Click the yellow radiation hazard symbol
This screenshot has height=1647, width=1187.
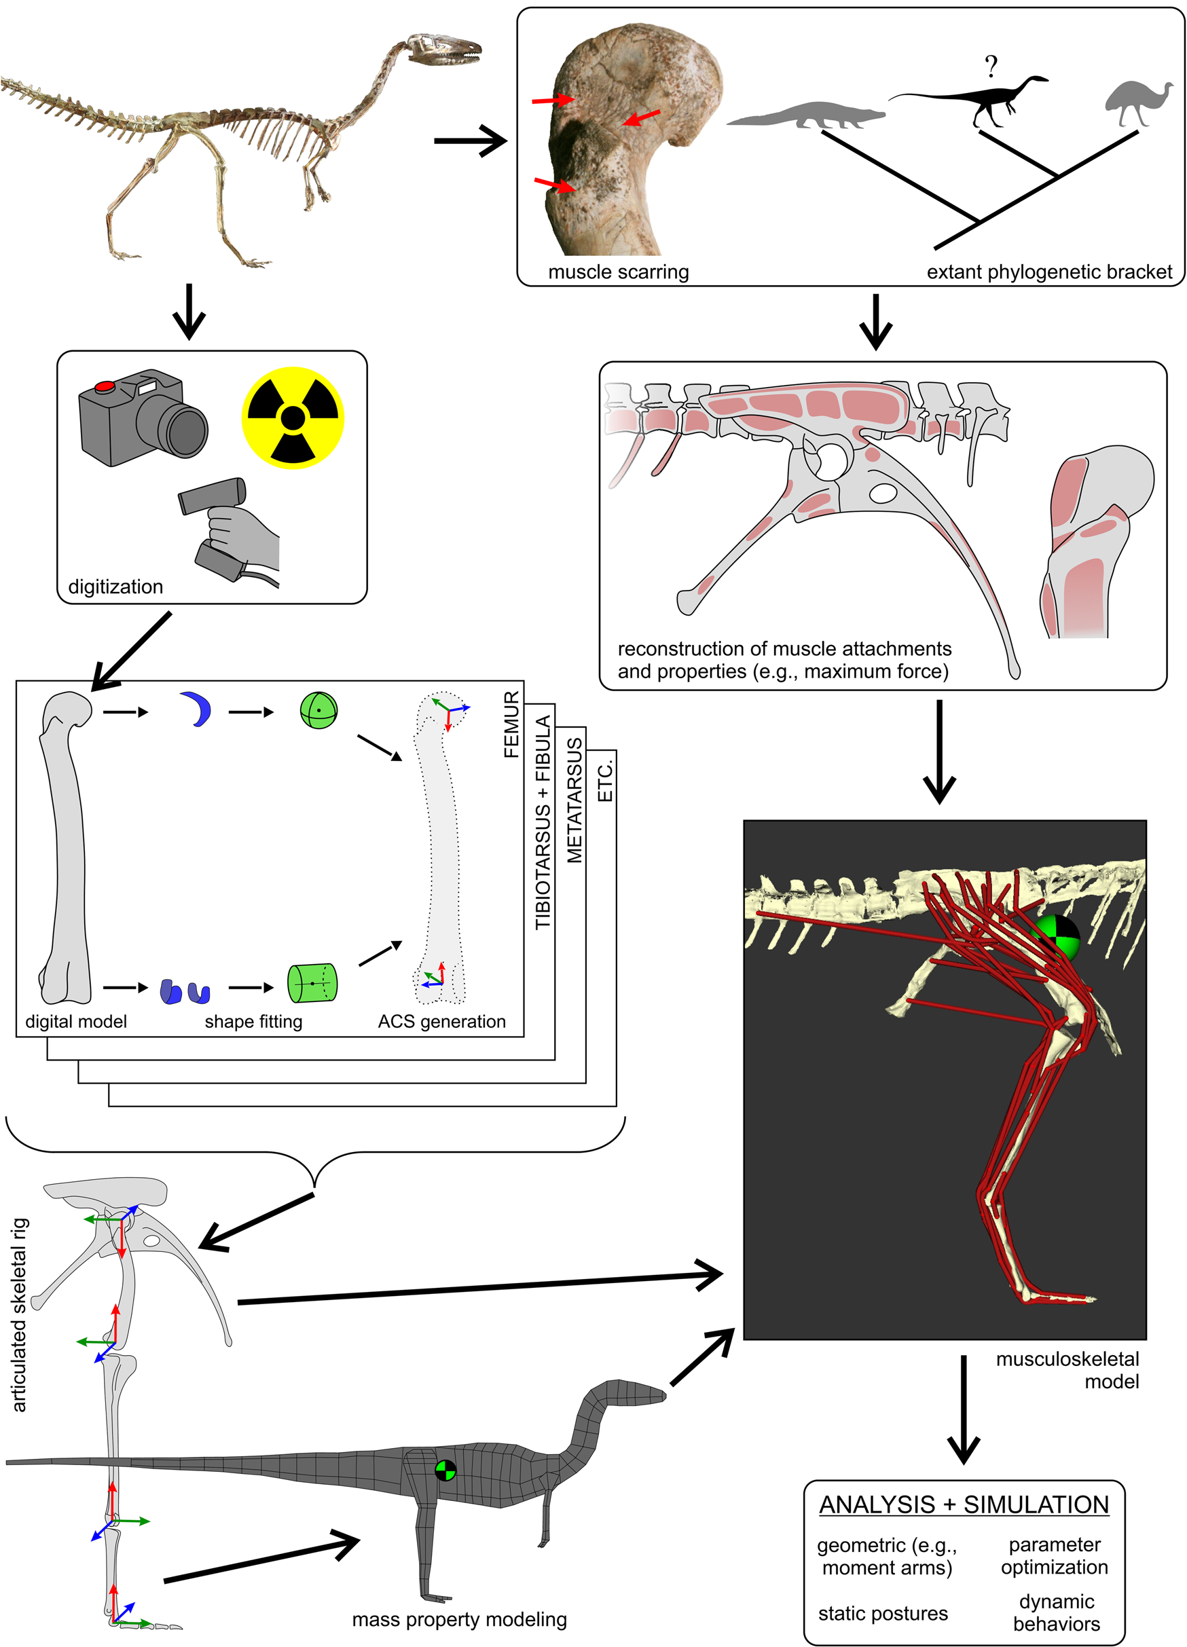pos(293,418)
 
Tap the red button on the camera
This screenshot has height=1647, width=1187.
pos(105,386)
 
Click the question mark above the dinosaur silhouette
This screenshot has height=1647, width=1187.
pos(991,67)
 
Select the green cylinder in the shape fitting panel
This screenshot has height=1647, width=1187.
pos(312,983)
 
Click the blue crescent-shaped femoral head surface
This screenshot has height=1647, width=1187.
pos(197,709)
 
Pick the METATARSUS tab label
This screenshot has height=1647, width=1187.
pos(574,800)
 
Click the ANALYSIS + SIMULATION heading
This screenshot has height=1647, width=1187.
pos(964,1504)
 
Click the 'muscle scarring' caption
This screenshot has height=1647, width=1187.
pos(618,272)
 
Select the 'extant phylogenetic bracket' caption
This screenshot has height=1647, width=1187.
pos(1048,272)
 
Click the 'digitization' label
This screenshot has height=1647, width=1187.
pos(115,586)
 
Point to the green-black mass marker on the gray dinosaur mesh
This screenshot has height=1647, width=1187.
pos(445,1470)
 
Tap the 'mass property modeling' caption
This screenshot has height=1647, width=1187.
pos(459,1618)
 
